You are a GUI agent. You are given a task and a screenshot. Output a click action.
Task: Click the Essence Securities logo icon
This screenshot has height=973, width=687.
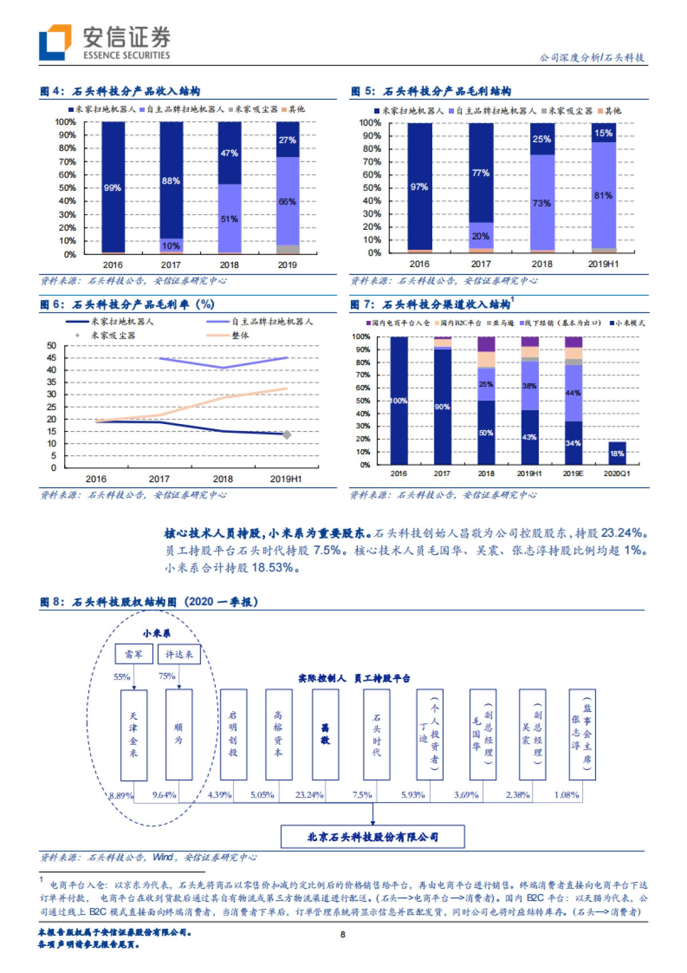click(55, 42)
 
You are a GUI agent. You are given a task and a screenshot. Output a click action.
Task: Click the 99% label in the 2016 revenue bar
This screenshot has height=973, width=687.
click(112, 188)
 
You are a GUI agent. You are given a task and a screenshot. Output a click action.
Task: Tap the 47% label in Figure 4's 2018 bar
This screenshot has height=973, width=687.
click(229, 153)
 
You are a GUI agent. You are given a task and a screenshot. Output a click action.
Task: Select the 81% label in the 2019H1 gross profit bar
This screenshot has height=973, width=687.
click(603, 195)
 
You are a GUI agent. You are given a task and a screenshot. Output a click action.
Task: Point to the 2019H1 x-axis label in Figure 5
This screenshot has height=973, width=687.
click(603, 264)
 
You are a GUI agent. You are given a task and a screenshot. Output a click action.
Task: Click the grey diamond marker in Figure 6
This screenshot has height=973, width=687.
click(287, 435)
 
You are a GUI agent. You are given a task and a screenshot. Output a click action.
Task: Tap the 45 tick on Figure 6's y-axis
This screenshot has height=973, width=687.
click(52, 358)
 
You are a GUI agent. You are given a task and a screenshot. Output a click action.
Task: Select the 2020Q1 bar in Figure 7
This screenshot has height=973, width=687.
click(617, 453)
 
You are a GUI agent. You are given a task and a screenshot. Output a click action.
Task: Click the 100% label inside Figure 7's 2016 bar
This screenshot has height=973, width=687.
click(398, 401)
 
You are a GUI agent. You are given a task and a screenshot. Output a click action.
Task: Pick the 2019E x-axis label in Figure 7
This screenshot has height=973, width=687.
click(572, 474)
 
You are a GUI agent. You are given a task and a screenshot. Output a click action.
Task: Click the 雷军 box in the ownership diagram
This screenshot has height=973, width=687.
click(133, 654)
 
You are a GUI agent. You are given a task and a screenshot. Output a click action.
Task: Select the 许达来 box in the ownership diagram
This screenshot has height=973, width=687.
click(179, 654)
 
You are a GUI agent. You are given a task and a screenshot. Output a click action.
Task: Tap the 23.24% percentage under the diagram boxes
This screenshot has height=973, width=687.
click(309, 795)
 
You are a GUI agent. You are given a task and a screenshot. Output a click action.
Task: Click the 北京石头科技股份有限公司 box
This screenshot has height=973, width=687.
click(373, 837)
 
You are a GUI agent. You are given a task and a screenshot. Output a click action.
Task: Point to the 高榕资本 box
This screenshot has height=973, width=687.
click(279, 734)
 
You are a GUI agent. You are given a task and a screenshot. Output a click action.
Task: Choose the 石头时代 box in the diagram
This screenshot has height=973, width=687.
click(377, 734)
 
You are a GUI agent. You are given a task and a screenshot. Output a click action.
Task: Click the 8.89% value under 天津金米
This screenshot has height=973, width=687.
click(121, 795)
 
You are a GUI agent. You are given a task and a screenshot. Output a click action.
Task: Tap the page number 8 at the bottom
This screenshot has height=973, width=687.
click(343, 935)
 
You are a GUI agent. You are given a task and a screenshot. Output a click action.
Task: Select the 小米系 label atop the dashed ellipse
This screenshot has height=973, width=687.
click(156, 633)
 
